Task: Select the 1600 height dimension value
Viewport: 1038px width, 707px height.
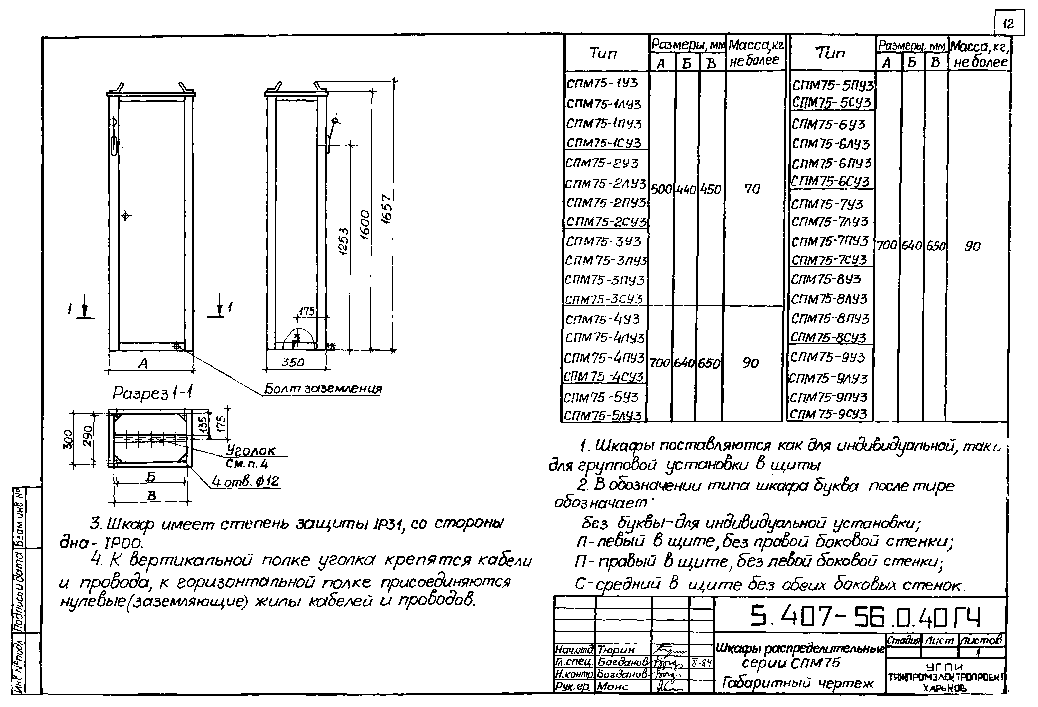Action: [x=365, y=225]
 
